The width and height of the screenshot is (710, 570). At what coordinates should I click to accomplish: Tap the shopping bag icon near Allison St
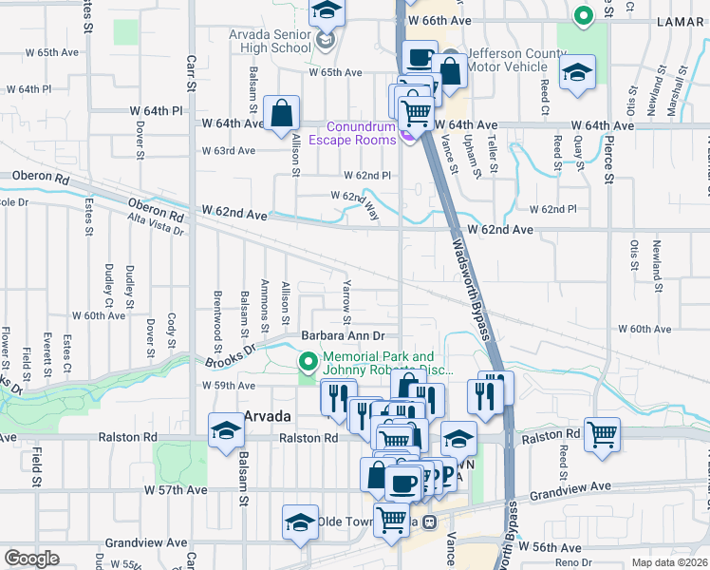pos(282,114)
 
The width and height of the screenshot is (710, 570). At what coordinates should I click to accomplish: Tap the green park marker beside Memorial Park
pos(308,362)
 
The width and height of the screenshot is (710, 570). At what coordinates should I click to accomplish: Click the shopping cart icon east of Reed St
pos(603,435)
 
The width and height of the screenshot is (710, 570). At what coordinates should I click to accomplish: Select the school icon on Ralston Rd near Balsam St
pos(226,431)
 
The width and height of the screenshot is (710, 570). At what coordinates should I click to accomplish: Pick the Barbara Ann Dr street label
pos(343,335)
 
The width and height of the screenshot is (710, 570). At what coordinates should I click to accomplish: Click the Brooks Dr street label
pos(231,355)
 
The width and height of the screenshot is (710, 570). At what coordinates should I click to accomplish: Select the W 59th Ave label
pos(229,386)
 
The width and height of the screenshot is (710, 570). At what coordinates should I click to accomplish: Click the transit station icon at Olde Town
pos(429,522)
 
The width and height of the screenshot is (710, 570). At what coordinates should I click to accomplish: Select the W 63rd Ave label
pos(229,150)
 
